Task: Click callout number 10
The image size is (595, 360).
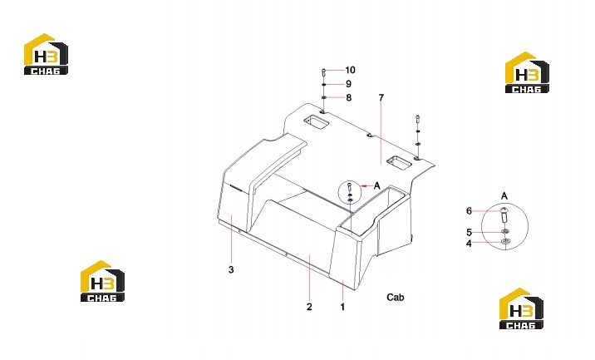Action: point(350,70)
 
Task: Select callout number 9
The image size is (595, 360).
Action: point(348,84)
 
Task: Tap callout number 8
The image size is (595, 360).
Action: point(349,97)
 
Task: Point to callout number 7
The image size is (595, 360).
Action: point(381,97)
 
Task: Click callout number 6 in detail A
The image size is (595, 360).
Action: point(469,211)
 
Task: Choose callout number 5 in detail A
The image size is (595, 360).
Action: point(469,233)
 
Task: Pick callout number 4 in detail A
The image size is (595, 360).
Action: point(469,244)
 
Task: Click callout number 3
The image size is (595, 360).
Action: point(231,270)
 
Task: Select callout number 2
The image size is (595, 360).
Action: point(309,307)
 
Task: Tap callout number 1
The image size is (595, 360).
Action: point(342,307)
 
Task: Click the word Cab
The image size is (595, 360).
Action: point(396,298)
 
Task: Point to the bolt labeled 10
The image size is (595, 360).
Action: point(324,72)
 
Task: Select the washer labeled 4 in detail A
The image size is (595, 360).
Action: point(505,241)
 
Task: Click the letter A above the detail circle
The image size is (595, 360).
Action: point(504,196)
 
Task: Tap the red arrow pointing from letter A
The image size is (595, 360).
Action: point(366,185)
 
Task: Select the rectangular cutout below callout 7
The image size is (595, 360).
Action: point(399,162)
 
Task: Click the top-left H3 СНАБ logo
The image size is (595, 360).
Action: point(46,54)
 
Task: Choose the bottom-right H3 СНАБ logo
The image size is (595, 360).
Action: point(521,308)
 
